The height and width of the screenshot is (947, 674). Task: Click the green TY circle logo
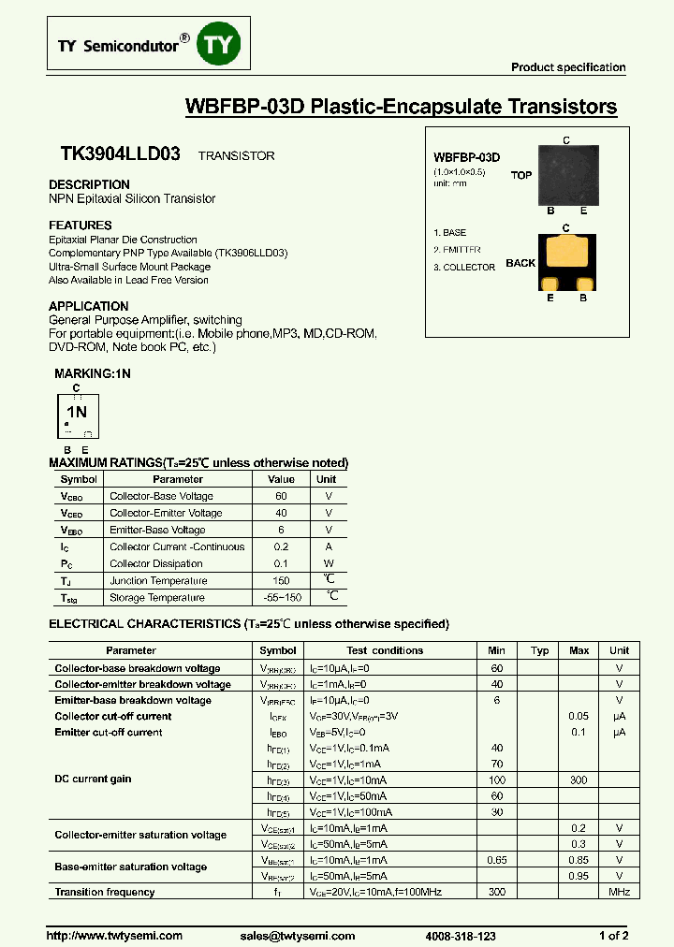[x=219, y=45]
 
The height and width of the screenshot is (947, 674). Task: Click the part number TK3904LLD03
[x=120, y=155]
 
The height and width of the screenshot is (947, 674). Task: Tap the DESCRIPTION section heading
[x=90, y=184]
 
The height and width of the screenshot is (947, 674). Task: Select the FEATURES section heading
[x=81, y=226]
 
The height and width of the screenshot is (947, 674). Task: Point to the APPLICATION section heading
[x=89, y=306]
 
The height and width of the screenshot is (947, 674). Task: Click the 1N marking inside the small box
[x=77, y=412]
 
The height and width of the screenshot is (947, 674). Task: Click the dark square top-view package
[x=566, y=174]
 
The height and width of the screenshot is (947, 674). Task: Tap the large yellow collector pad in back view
[x=566, y=252]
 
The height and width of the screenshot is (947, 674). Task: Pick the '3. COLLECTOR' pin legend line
[x=464, y=268]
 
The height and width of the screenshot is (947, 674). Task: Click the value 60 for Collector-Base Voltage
[x=281, y=496]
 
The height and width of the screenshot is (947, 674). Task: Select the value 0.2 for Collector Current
[x=281, y=546]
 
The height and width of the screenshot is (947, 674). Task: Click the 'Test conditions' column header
[x=385, y=650]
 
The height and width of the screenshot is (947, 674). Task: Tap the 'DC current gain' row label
[x=93, y=779]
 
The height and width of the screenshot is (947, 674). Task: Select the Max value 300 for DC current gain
[x=579, y=779]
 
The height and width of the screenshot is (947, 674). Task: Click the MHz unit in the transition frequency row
[x=619, y=892]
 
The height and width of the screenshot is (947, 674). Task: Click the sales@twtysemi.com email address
[x=290, y=936]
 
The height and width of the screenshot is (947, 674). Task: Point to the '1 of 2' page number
[x=613, y=936]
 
